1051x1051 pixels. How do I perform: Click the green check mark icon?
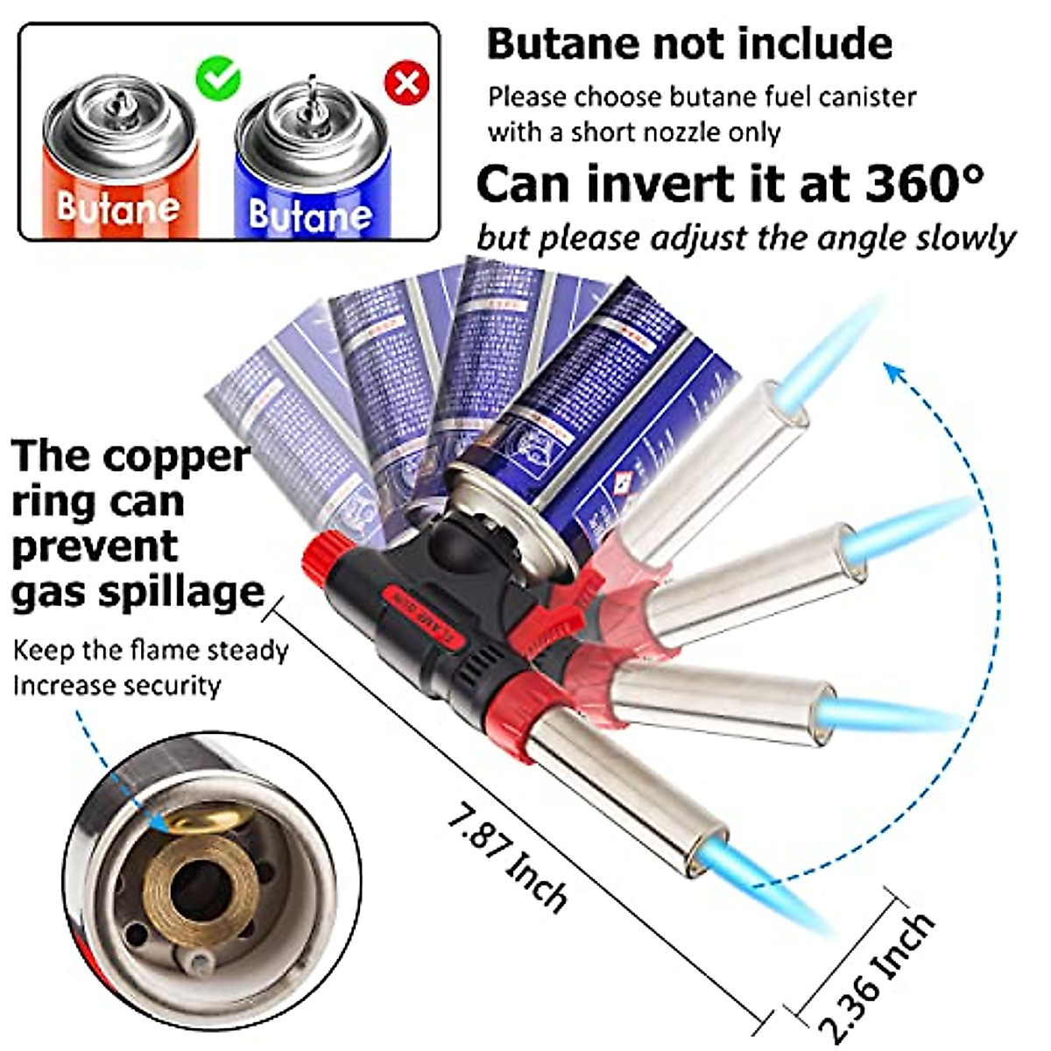click(217, 78)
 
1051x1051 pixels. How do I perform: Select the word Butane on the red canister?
click(117, 207)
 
